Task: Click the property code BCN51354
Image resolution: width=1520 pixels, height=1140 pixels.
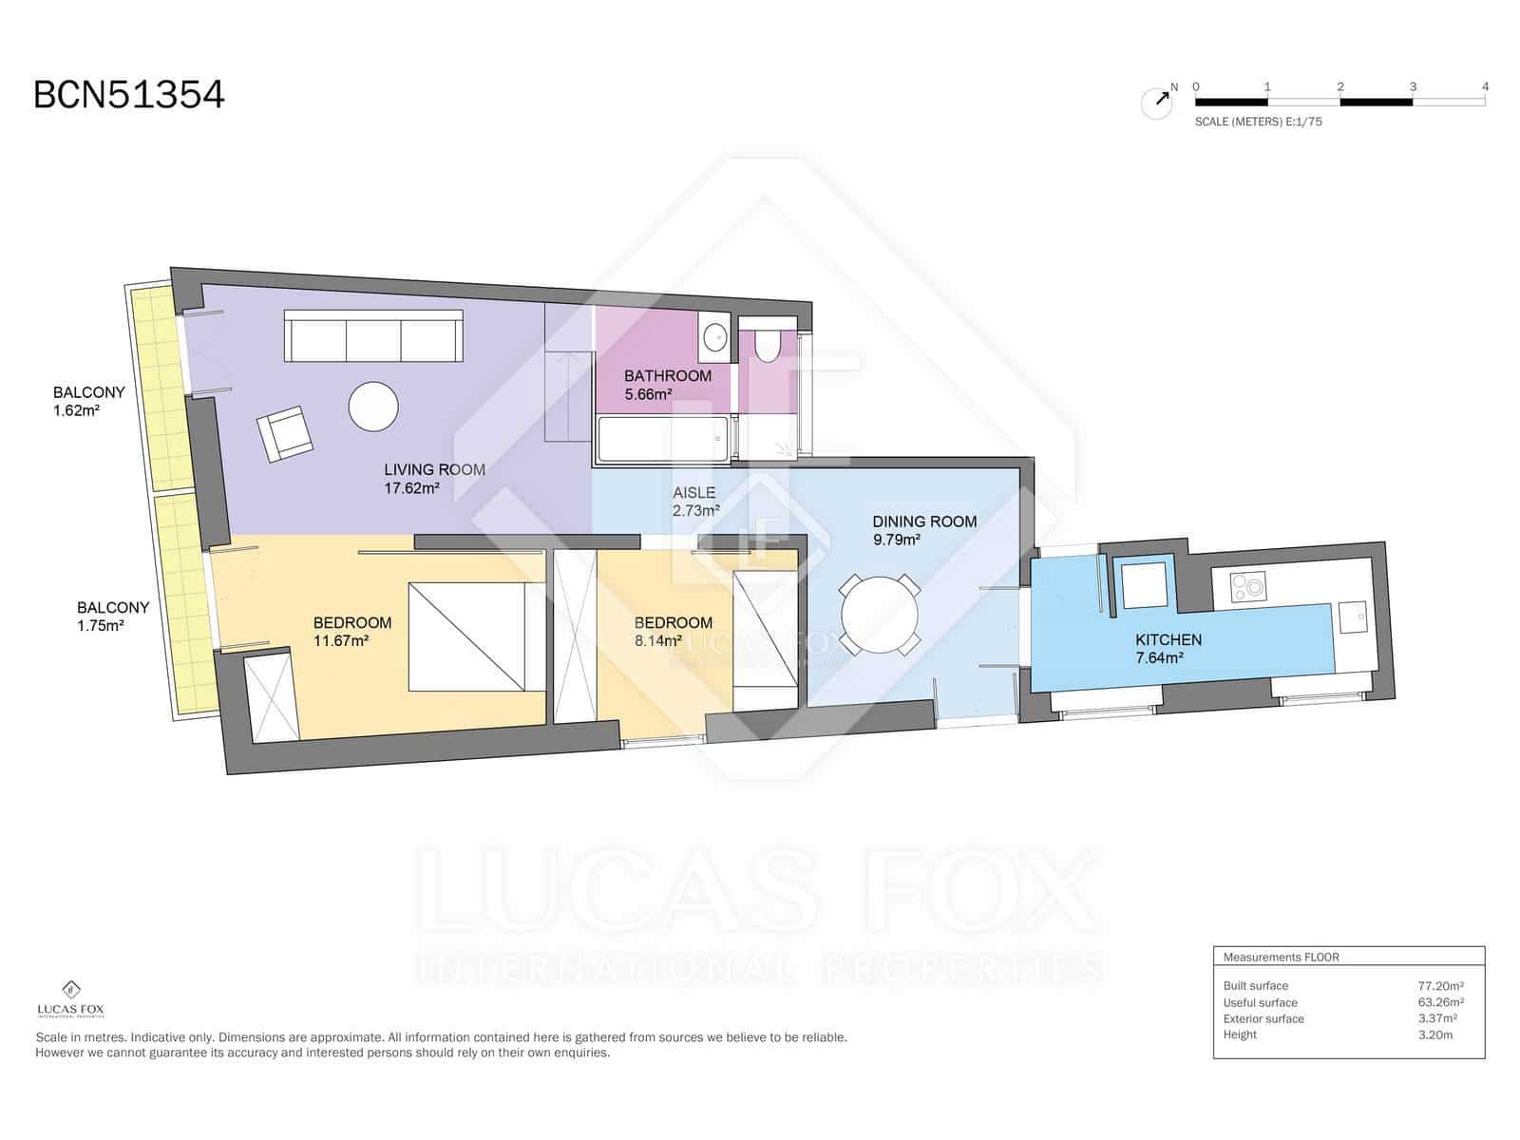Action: [129, 95]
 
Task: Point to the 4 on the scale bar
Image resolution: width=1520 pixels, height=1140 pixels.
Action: [1485, 86]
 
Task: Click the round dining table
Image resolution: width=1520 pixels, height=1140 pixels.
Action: [880, 615]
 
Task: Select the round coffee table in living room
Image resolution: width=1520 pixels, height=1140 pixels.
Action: [373, 407]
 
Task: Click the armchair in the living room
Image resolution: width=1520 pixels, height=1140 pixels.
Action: [285, 434]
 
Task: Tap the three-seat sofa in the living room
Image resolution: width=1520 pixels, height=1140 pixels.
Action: [373, 335]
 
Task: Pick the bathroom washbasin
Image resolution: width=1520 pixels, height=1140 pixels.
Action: [714, 336]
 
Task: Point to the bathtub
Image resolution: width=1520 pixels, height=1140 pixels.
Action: [662, 439]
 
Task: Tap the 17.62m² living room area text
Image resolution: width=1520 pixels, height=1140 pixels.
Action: [411, 488]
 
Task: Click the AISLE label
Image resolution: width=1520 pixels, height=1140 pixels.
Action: [693, 493]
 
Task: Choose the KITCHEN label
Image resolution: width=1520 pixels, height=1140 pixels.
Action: [1168, 639]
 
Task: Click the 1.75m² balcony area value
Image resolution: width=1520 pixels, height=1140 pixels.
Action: [100, 626]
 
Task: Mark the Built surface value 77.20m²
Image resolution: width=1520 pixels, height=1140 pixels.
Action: [1440, 986]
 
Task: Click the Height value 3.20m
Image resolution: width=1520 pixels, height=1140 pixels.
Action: [1435, 1035]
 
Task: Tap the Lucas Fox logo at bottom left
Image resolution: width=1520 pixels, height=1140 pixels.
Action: [70, 998]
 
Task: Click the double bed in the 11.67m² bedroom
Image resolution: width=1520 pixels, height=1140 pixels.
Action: [466, 636]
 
